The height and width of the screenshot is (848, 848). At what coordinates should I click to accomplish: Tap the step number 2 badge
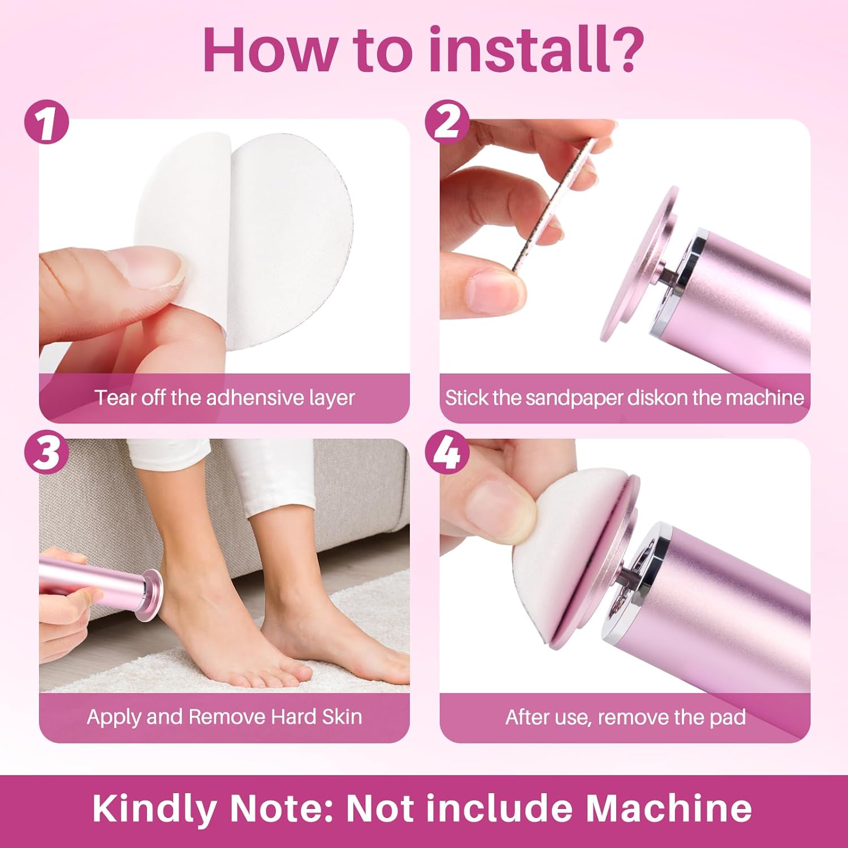click(447, 122)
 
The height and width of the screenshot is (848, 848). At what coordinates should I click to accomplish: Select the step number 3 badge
click(46, 453)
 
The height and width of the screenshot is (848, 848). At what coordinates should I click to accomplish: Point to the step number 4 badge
click(447, 453)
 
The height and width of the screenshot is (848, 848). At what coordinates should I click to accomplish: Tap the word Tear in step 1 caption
click(115, 398)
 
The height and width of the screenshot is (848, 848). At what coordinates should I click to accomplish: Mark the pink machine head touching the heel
click(152, 594)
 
